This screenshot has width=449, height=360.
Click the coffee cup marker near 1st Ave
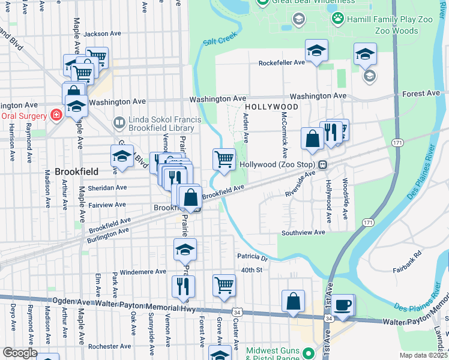coord(343,304)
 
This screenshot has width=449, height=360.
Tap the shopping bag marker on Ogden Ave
coord(293,301)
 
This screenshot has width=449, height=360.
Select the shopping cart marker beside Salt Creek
coord(224,160)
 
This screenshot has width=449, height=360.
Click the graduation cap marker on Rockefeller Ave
coord(316,51)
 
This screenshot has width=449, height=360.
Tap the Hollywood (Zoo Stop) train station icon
coord(323,164)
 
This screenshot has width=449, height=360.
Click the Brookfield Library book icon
coord(119,123)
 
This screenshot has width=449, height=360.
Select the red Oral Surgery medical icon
coord(56,115)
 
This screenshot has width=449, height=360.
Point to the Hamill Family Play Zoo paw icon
coord(338,19)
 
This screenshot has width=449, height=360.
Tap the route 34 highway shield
coord(238,313)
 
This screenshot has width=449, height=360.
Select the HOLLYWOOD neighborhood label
coord(271,107)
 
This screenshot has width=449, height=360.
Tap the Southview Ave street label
coord(303,232)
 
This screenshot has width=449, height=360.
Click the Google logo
coord(20,353)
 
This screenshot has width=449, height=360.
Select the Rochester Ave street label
coord(109,346)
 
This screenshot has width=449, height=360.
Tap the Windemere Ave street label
coord(143,271)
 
